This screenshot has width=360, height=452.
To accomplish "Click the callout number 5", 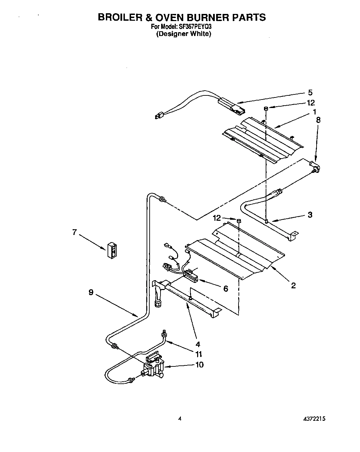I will coord(310,92).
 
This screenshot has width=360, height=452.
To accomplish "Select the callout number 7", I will coord(74,232).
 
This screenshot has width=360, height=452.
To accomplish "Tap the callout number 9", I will coord(91,292).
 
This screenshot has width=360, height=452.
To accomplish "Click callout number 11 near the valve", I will coord(198,354).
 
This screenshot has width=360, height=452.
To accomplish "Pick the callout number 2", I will coord(293,286).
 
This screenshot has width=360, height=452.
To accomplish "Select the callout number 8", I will coord(318,120).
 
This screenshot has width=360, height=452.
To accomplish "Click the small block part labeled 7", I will coord(111,251).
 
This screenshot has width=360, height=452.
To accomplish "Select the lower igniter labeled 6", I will coord(191,275).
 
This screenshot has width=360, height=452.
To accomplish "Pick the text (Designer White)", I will coord(184,34).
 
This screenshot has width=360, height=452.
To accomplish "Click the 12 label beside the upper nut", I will coord(310,103).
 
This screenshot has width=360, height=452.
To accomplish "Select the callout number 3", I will coord(310,215).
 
